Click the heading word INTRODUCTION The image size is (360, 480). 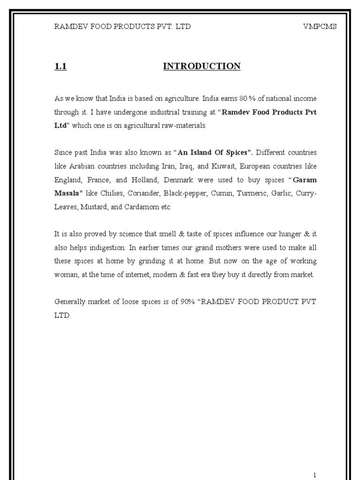[202, 67]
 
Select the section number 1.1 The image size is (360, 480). [61, 67]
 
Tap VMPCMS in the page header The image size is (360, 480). [320, 26]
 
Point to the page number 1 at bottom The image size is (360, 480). [315, 475]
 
